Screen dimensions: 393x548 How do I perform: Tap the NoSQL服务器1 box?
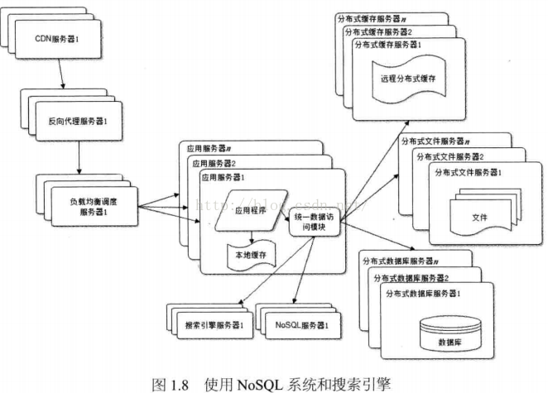tap(297, 324)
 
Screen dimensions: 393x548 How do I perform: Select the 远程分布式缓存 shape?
tap(408, 78)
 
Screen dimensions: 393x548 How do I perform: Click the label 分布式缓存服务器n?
tap(376, 17)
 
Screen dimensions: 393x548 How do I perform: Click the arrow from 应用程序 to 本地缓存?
tap(252, 233)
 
